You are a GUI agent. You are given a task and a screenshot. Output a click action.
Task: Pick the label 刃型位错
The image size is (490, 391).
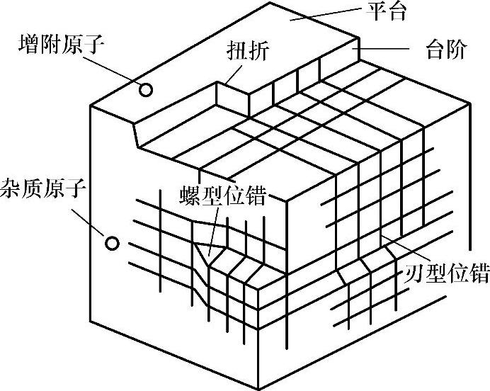(x=448, y=273)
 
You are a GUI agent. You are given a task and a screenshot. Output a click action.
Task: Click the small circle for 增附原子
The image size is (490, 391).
(x=146, y=90)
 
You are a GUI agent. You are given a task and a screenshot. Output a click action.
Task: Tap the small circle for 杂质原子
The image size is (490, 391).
(x=111, y=243)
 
